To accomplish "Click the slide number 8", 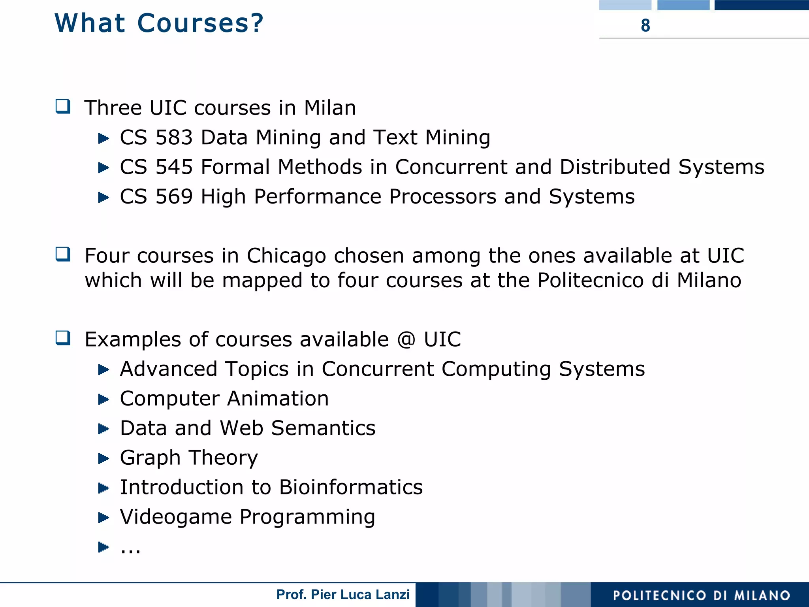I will point(645,25).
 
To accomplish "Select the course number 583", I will point(174,138).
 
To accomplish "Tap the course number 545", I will point(174,167).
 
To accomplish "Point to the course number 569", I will point(174,196).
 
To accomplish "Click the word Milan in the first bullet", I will point(330,108).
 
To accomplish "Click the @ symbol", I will point(406,339).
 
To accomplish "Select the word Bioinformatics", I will point(351,487).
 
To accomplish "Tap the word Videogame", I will point(176,517).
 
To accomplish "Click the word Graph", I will point(150,458).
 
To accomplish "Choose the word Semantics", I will point(323,428).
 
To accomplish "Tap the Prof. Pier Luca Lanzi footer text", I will point(343,594).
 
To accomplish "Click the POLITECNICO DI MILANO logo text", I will point(701,595).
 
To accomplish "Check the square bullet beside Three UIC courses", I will point(63,107).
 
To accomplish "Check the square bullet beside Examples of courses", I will point(63,338).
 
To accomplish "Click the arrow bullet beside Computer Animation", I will point(103,399).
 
